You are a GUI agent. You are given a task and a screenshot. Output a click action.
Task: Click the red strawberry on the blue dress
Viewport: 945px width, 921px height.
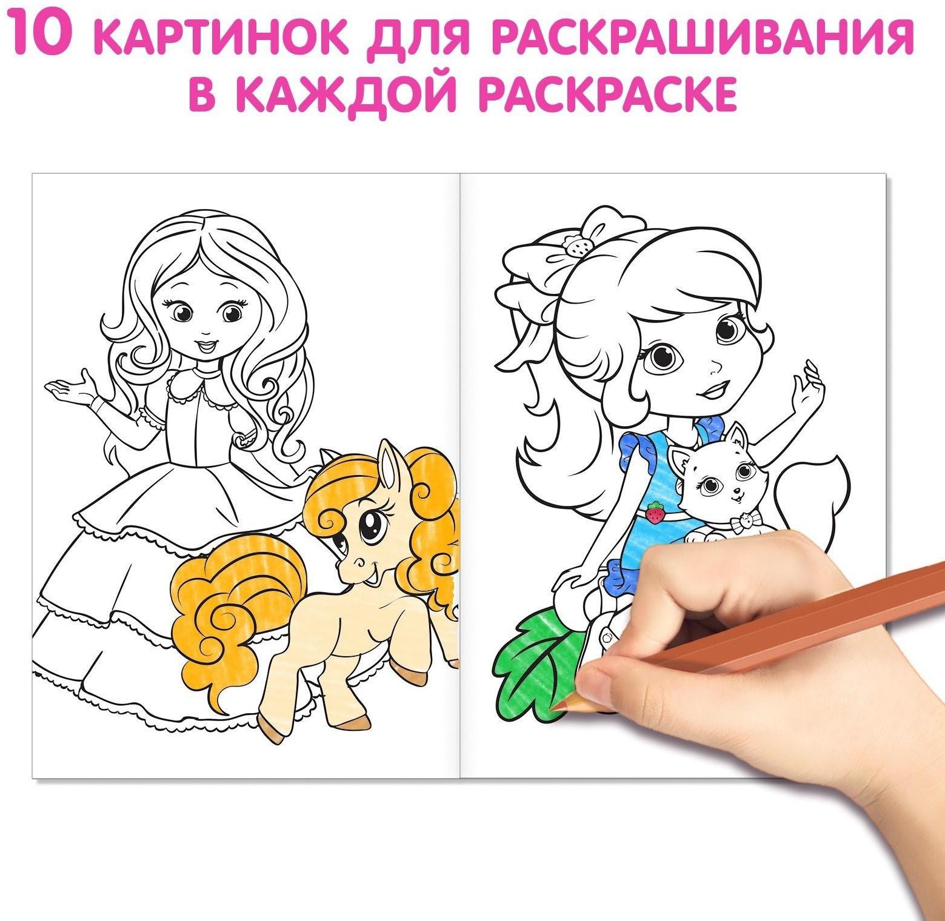point(654,514)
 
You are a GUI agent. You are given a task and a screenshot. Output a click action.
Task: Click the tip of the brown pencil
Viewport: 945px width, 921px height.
point(561,706)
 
